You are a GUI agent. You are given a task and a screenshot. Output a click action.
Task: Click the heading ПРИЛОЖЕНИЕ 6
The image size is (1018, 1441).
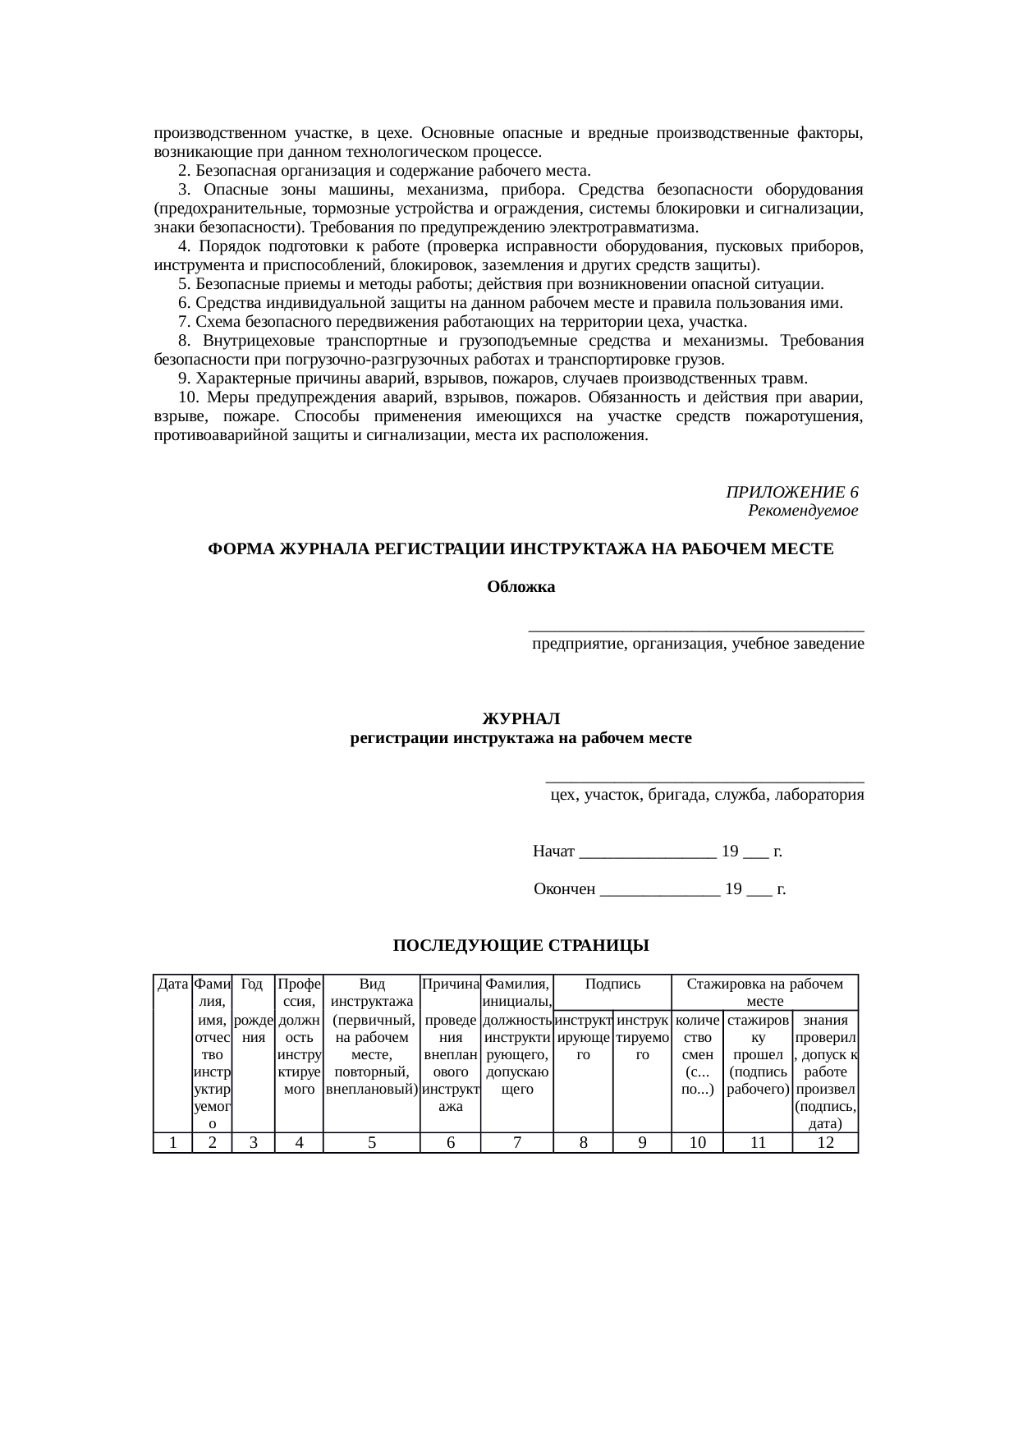coord(791,492)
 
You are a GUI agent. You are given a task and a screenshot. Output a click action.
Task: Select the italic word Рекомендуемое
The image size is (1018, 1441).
coord(803,511)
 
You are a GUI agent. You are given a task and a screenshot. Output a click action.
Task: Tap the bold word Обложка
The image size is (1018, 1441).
coord(520,587)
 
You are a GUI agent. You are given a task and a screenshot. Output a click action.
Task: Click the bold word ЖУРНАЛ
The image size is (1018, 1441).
coord(520,719)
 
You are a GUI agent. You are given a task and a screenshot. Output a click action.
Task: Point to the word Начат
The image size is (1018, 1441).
coord(553,851)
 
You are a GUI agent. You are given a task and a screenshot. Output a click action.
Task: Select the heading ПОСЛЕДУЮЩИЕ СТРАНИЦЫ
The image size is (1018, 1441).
coord(520,946)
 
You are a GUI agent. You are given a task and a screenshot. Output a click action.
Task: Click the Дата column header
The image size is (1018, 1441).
coord(172,984)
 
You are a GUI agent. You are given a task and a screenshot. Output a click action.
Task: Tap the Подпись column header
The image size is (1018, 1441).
coord(612,984)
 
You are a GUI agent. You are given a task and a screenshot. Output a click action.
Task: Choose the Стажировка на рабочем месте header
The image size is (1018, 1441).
coord(764,992)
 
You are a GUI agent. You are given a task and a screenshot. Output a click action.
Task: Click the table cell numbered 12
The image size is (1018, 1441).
coord(825,1142)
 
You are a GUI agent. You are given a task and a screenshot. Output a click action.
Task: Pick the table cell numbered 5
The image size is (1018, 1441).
coord(371,1142)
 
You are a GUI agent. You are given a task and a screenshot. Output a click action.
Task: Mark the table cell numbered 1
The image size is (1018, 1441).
coord(172,1142)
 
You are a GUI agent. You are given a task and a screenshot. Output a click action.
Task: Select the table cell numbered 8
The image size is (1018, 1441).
coord(583,1142)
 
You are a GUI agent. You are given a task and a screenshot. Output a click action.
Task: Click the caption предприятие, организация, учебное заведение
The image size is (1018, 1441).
coord(697,644)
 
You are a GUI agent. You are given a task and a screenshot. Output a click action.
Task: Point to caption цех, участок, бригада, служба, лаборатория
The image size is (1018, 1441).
coord(706,795)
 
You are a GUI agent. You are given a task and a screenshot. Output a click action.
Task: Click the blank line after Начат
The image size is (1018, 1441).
coord(647,852)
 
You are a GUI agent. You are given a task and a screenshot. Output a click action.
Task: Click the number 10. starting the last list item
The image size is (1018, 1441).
coord(188,398)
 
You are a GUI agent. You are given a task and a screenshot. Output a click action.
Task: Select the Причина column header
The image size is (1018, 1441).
coord(450,984)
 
